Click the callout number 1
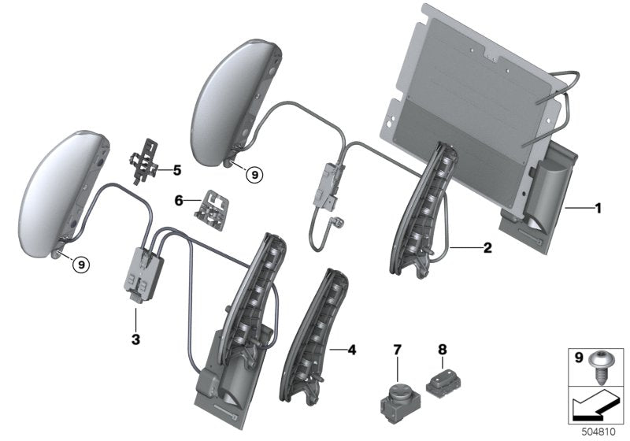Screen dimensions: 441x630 pyautogui.click(x=598, y=209)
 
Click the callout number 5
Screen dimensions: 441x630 pyautogui.click(x=176, y=169)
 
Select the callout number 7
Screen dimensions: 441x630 pyautogui.click(x=398, y=347)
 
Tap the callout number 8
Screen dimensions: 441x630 pyautogui.click(x=441, y=347)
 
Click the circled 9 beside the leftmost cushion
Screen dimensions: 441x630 pyautogui.click(x=81, y=265)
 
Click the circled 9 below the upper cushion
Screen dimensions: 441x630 pyautogui.click(x=253, y=175)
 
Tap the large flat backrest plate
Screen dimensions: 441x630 pyautogui.click(x=472, y=94)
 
